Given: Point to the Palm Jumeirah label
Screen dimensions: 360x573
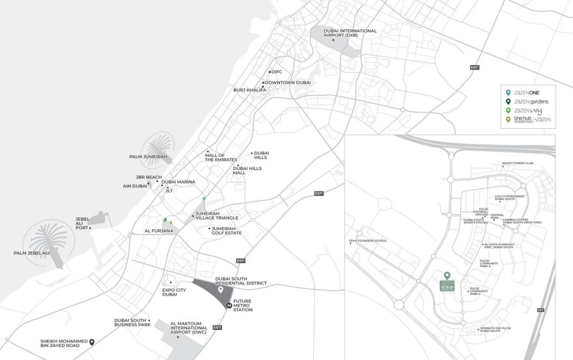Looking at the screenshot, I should click(149, 157).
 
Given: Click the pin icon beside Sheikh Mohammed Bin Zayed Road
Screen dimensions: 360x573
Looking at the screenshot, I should click(92, 342).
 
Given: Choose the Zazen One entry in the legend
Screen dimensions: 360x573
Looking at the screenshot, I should click(528, 92).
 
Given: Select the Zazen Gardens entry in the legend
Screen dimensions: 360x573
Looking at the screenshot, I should click(531, 102).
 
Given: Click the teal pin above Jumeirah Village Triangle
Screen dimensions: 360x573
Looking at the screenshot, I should click(204, 198).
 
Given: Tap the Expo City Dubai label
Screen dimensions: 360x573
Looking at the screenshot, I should click(175, 292).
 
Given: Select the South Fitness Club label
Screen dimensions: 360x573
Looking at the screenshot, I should click(517, 164).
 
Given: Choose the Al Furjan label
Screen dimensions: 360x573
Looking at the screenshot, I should click(157, 230).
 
